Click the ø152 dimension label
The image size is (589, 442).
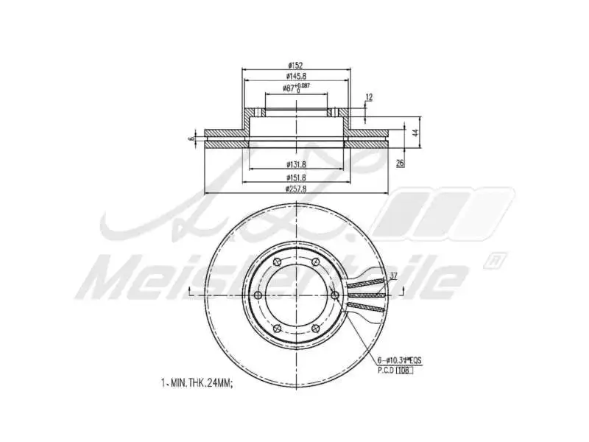tap(296, 66)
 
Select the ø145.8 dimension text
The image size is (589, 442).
tap(296, 77)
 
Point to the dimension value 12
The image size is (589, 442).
tap(369, 97)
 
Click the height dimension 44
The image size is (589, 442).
tap(415, 133)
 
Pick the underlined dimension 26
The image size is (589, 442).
tap(400, 163)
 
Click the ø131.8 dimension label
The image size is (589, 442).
tap(296, 164)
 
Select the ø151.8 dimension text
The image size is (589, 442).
tap(296, 178)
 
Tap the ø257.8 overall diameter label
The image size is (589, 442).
tap(296, 189)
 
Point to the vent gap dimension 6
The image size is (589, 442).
tap(191, 138)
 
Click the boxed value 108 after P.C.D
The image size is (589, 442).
tap(404, 370)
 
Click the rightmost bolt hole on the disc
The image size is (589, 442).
tap(335, 295)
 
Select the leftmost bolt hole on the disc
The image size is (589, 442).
tap(257, 295)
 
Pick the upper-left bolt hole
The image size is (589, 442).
tap(277, 262)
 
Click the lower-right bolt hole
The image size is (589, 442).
tap(316, 329)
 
